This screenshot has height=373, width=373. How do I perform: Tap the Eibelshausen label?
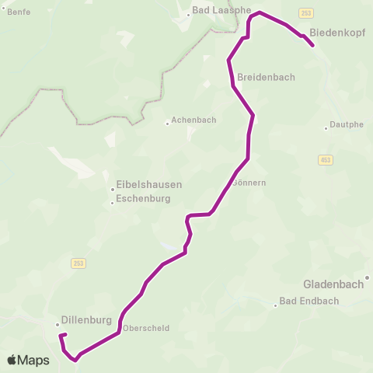pyautogui.click(x=148, y=185)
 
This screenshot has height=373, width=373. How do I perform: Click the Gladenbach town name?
pyautogui.click(x=333, y=284)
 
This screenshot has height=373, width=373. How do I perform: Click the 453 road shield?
pyautogui.click(x=325, y=159)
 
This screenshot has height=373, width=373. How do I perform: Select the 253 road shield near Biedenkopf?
pyautogui.click(x=307, y=13)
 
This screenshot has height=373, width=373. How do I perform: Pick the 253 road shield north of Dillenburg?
pyautogui.click(x=78, y=263)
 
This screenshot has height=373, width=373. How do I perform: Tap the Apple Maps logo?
pyautogui.click(x=27, y=361)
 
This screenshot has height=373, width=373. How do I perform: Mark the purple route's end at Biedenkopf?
pyautogui.click(x=313, y=46)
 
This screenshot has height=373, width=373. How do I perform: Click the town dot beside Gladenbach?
pyautogui.click(x=368, y=277)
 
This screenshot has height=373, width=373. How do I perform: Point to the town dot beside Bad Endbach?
pyautogui.click(x=275, y=305)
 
